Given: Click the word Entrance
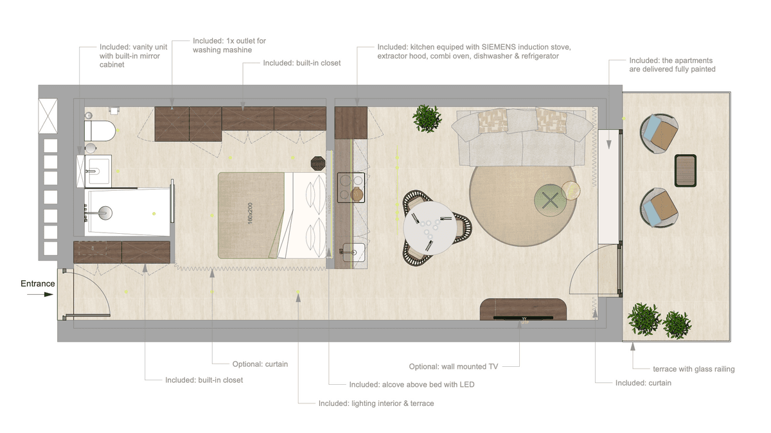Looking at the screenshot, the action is [x=37, y=283].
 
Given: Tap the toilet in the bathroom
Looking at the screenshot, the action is [x=100, y=130].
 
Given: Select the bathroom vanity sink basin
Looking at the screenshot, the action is [x=98, y=171].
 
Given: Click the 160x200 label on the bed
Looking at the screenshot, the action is [x=250, y=213].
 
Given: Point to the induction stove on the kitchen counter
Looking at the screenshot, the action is [x=351, y=188].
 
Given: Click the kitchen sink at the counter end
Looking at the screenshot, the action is [x=353, y=252].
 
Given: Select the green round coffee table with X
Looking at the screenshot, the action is [x=551, y=200].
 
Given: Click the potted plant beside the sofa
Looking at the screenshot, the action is [x=427, y=119].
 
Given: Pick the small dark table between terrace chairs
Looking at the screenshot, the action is [x=686, y=171].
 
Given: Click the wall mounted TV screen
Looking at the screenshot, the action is [x=523, y=318].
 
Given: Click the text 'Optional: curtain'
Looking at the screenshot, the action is [x=260, y=364].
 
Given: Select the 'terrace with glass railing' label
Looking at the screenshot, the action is [x=693, y=369].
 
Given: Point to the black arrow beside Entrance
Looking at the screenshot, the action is [x=40, y=294].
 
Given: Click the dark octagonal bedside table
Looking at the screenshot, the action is [x=317, y=163].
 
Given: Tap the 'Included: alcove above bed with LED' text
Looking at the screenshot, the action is [x=412, y=384].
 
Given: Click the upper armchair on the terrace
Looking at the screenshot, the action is [x=659, y=134].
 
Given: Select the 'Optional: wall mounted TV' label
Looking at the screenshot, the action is [x=454, y=367].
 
